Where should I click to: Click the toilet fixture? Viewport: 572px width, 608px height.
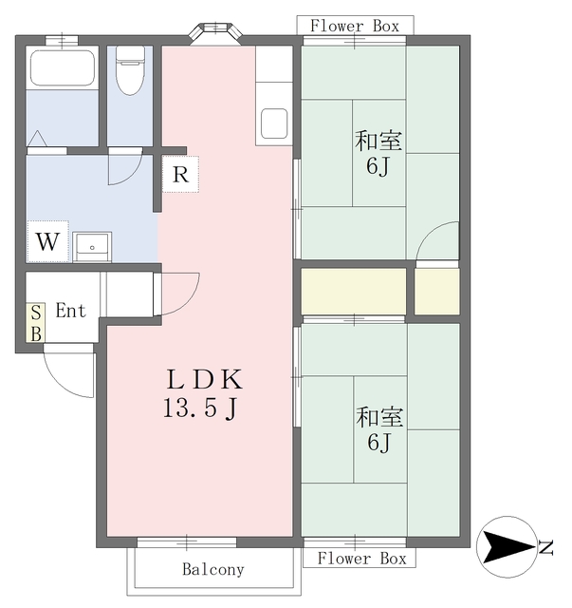pos(131,70)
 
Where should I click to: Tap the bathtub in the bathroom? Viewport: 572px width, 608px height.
pos(63,67)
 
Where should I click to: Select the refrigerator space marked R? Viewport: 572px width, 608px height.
pos(180,174)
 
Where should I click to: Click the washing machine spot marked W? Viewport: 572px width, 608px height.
pos(47,241)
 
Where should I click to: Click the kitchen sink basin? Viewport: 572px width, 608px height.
pos(274,123)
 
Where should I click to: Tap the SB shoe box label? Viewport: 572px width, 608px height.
pos(36,323)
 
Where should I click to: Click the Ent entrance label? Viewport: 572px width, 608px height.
pos(70,311)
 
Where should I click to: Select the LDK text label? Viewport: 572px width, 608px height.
pos(205,379)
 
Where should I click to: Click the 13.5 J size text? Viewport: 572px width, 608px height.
pos(200,408)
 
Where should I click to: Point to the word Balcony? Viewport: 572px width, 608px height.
pos(213,569)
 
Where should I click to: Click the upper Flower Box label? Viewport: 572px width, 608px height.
pos(355,26)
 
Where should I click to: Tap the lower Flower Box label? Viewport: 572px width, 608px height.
pos(361,559)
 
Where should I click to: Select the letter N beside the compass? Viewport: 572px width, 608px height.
pos(546,547)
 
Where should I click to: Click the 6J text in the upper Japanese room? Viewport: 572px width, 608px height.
pos(378,167)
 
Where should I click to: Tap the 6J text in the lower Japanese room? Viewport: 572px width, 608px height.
pos(379,442)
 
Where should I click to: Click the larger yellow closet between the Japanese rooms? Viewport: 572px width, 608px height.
pos(354,292)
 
